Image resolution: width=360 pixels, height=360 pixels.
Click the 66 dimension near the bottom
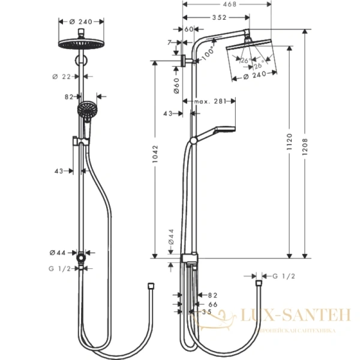212,304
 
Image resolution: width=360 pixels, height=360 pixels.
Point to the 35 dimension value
207,311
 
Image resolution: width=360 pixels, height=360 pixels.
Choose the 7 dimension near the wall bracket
170,41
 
